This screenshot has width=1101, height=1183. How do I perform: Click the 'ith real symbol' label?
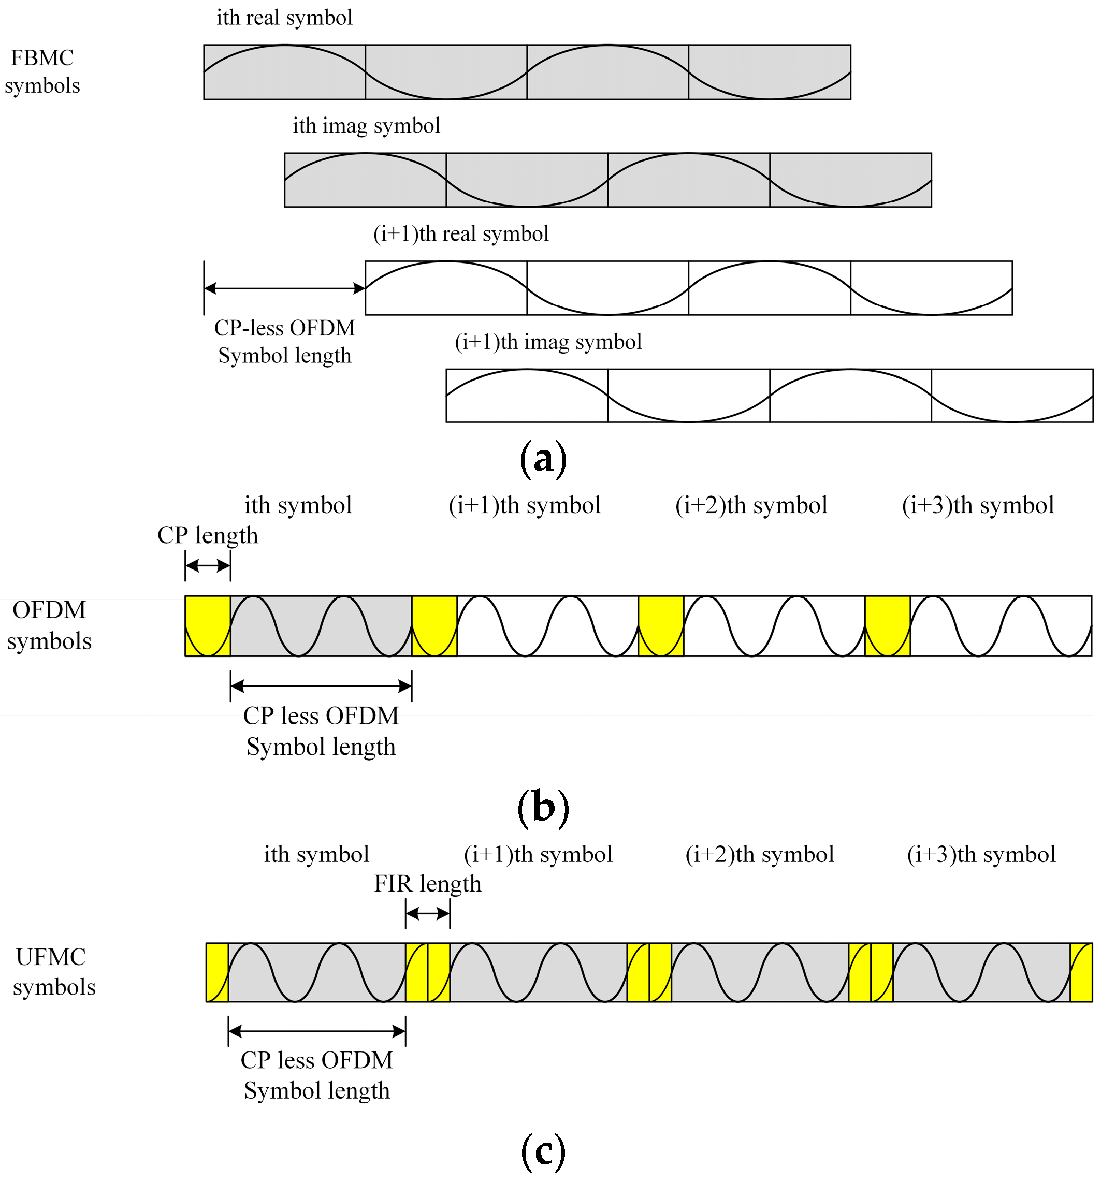click(x=284, y=18)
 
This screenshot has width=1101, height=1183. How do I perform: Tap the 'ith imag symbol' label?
click(x=366, y=126)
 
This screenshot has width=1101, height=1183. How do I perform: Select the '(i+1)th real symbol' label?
click(x=460, y=234)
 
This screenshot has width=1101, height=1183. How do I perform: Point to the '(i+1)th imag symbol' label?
click(x=547, y=342)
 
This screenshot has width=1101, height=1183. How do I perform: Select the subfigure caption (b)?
click(x=543, y=808)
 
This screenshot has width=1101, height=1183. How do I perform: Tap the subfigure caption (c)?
click(x=542, y=1150)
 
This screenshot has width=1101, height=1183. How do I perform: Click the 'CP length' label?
click(x=207, y=535)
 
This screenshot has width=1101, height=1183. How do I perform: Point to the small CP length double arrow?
click(x=207, y=565)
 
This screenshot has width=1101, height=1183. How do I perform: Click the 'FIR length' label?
click(x=427, y=884)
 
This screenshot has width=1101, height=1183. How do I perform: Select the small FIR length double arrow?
click(x=427, y=913)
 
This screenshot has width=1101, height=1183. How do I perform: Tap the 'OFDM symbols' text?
click(x=49, y=625)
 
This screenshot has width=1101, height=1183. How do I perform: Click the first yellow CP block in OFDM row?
click(x=207, y=625)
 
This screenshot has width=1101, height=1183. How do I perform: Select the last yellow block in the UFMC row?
click(x=1081, y=972)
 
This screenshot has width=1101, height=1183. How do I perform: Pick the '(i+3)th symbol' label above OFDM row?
click(x=977, y=506)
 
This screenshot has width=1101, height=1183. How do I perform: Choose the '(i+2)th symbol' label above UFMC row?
click(x=759, y=855)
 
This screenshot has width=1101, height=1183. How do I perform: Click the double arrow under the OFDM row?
click(x=321, y=687)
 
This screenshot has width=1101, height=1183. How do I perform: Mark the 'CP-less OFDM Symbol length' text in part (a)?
click(x=284, y=342)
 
